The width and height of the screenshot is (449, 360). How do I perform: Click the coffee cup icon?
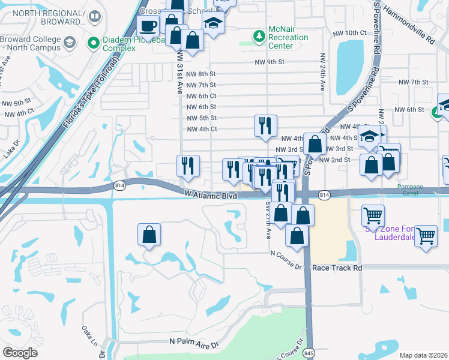(148, 26)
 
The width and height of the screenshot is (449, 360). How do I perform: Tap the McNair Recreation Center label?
(288, 37)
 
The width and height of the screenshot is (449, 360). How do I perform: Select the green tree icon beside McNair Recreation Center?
(259, 37)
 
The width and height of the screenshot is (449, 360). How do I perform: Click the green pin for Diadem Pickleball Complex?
(93, 42)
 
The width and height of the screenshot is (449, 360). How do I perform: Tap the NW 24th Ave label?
(322, 72)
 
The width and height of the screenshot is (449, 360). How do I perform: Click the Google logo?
(20, 353)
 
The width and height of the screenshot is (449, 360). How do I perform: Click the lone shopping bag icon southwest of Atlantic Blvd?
(149, 235)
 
